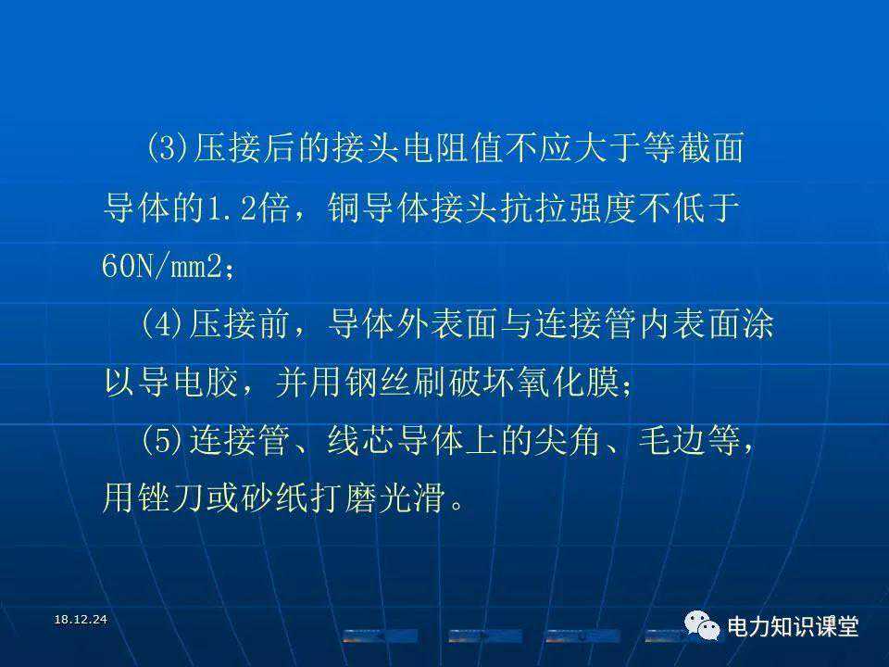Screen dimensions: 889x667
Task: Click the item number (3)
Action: tap(168, 148)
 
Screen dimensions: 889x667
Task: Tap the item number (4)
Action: tap(163, 324)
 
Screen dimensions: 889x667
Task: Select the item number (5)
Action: tap(163, 441)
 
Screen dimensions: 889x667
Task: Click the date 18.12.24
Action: tap(81, 620)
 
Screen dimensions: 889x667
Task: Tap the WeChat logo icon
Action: tap(702, 626)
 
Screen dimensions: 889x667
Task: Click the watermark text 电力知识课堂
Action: tap(793, 627)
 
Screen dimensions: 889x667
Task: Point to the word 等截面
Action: tap(693, 148)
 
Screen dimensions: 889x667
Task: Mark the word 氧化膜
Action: tap(568, 382)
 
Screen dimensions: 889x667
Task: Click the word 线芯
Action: tap(360, 441)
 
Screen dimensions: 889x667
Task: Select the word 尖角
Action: tap(568, 441)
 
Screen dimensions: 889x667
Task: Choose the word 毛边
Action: tap(671, 441)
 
